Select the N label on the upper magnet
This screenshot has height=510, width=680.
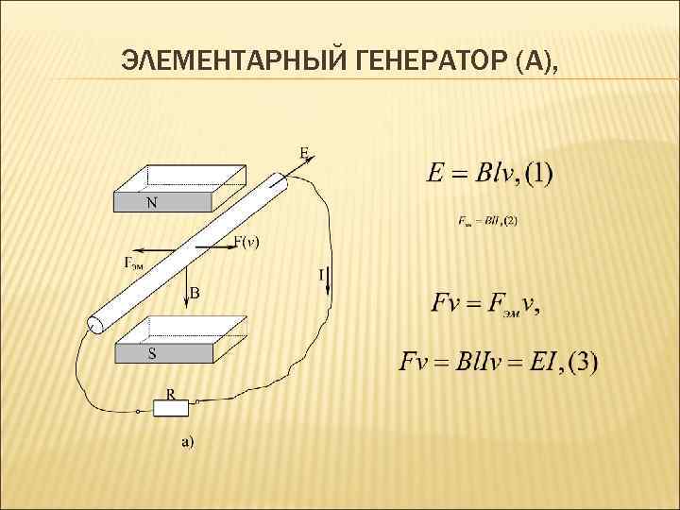coord(151,203)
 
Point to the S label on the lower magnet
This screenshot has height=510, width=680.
coord(151,354)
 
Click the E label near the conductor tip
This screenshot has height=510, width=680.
coord(304,151)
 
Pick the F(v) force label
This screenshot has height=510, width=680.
coord(247,243)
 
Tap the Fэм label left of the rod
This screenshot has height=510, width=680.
coord(134,263)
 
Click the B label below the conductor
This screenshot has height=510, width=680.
coord(195,294)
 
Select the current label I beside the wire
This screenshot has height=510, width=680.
coord(321,275)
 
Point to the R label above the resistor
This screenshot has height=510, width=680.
coord(171,392)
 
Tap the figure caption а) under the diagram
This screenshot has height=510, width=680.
coord(188,441)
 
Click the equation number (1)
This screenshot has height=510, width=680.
coord(538,174)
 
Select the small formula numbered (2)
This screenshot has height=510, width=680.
coord(487,221)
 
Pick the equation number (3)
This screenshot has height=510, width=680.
coord(580,363)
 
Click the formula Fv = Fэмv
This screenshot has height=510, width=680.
coord(485,304)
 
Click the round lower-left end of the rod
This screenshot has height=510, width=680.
coord(95,325)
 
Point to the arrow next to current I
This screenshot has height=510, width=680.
coord(330,281)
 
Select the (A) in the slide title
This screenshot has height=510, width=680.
coord(533,63)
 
